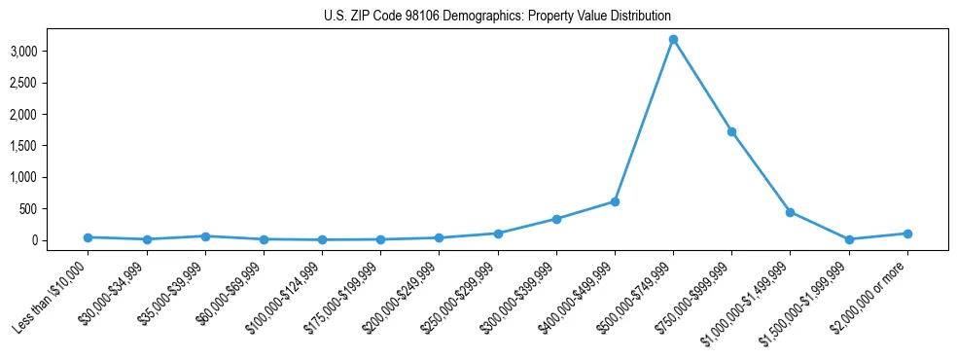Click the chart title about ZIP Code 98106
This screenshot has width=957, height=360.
[x=497, y=17]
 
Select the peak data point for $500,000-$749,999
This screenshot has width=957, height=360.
[x=673, y=39]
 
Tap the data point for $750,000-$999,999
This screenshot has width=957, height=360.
[x=731, y=131]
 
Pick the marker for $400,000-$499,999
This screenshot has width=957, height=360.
[x=615, y=201]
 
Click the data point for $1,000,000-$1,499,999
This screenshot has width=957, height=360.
[x=790, y=212]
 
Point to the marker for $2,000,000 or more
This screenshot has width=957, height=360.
[x=907, y=234]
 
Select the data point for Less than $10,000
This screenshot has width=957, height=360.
[x=88, y=237]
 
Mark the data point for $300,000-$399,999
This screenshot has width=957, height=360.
[x=556, y=219]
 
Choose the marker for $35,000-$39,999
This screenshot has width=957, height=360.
[x=204, y=236]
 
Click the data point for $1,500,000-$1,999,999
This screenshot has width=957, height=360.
[x=849, y=239]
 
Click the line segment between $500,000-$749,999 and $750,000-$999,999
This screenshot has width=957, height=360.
[x=702, y=86]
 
